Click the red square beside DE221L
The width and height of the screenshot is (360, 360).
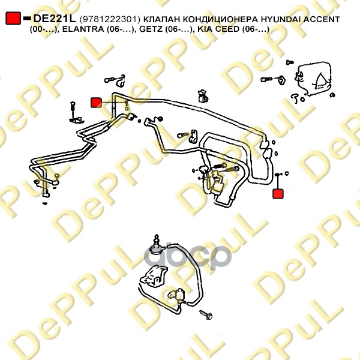point(13,19)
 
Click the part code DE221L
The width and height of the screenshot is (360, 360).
point(55,19)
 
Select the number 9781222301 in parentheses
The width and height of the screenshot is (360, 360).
point(110,20)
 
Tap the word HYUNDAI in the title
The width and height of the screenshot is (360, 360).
point(281,19)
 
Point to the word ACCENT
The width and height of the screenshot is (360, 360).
point(322,19)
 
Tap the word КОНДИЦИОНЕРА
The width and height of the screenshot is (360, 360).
point(220,19)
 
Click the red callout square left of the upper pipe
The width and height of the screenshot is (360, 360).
point(96,103)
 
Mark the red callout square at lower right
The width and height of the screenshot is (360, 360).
point(278,194)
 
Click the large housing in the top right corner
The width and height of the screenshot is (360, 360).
point(314,78)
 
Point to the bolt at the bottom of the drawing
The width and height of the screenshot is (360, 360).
point(206,315)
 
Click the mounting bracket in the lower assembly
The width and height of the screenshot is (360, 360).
point(154,276)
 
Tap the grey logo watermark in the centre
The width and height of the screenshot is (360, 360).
point(188,256)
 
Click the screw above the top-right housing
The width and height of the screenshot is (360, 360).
point(290,62)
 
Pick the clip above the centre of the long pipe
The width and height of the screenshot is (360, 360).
point(203,96)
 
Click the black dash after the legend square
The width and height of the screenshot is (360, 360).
point(27,18)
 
